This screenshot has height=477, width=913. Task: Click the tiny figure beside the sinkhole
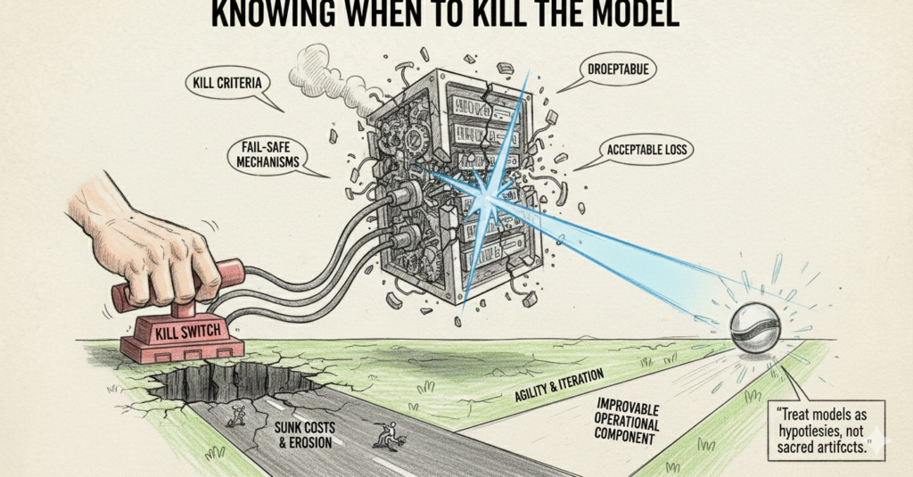coord(236,415)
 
